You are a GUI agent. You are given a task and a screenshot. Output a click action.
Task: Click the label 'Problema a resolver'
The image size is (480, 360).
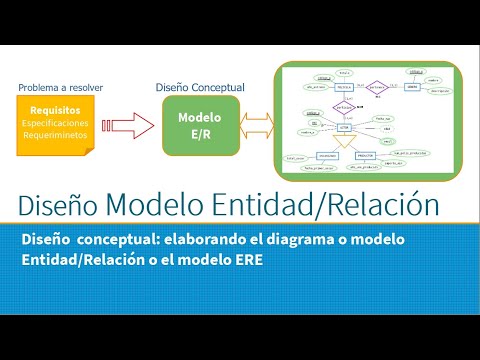[61, 87]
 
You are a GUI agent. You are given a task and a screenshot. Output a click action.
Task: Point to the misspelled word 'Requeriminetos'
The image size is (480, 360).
[56, 134]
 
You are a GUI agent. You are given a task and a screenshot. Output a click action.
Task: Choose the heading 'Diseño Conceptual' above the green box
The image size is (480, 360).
[200, 87]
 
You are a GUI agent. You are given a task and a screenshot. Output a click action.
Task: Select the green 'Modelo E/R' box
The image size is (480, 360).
[200, 126]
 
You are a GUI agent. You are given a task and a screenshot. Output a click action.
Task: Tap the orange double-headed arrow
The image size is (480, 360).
[256, 126]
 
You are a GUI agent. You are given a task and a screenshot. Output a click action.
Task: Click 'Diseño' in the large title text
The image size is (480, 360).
[56, 206]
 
